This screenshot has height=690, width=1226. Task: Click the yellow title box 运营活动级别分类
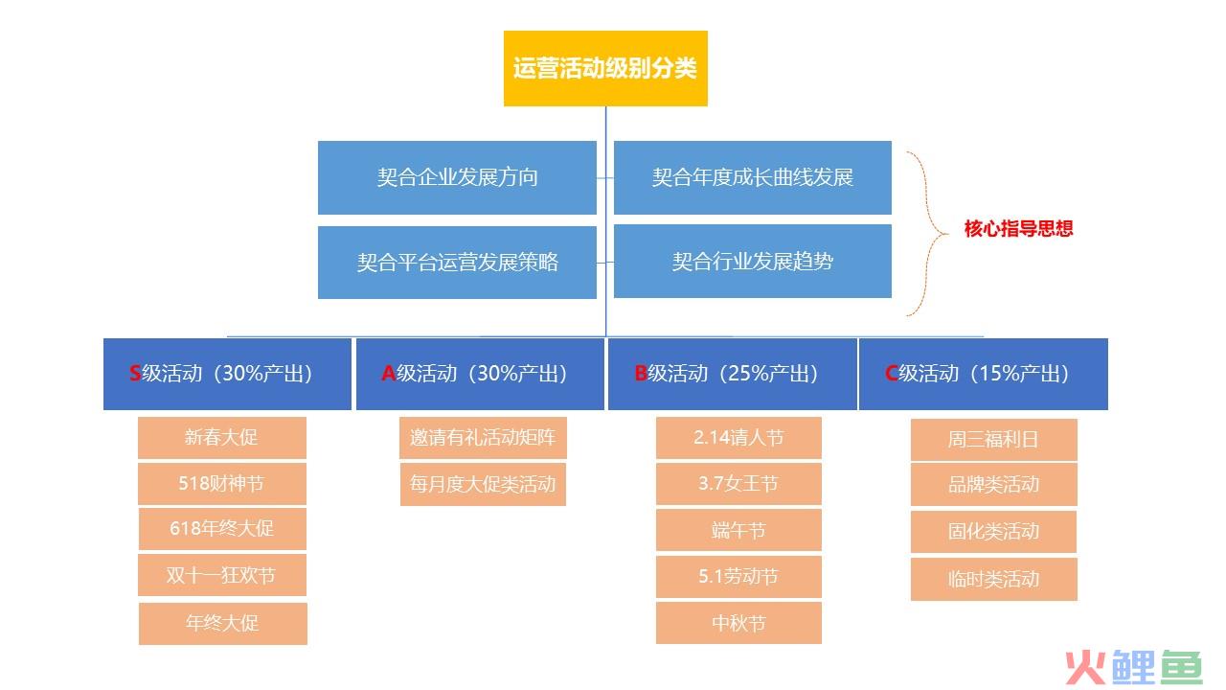coord(605,68)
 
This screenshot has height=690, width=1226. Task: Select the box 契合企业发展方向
coord(457,177)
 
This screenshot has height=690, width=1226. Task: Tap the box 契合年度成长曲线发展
coord(753,177)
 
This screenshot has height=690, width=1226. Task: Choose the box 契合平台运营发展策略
coord(457,263)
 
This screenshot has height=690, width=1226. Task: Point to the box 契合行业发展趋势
coord(753,262)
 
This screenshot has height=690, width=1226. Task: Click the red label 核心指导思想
coord(1018,228)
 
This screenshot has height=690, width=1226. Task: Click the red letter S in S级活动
coord(135,374)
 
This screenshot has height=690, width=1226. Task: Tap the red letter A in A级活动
coord(388,374)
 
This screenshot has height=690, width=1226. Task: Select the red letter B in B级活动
coord(641,374)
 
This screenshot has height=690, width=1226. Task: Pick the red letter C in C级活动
coord(891,374)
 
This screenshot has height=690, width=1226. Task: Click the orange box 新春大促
coord(221,438)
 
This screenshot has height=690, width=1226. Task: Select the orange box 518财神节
coord(221,484)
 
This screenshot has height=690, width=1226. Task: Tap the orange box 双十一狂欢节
coord(221,575)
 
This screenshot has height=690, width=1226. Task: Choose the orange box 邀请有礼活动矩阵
coord(483,438)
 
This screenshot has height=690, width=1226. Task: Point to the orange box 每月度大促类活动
coord(483,484)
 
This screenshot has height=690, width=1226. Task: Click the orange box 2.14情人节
coord(738,438)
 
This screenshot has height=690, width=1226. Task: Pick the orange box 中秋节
coord(738,623)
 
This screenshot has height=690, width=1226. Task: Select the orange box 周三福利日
coord(993,440)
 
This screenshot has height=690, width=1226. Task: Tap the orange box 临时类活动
coord(993,580)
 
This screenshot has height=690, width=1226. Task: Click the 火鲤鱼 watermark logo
coord(1134,667)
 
